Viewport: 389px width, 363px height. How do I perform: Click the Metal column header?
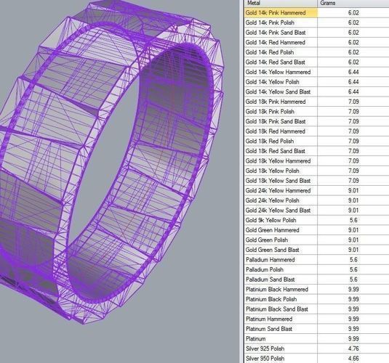pos(254,4)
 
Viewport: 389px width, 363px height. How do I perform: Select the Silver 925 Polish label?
pos(268,348)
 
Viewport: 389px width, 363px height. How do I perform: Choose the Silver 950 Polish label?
pos(268,358)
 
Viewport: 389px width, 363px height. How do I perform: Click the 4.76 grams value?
pos(353,348)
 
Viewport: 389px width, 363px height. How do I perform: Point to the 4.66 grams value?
pos(353,358)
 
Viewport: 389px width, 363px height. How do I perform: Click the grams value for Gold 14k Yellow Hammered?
pos(353,73)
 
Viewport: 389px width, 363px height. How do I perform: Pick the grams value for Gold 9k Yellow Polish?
pos(353,220)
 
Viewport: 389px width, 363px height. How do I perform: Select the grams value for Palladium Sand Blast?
pos(353,279)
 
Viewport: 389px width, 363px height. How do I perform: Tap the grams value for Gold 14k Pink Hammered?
pos(353,13)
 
